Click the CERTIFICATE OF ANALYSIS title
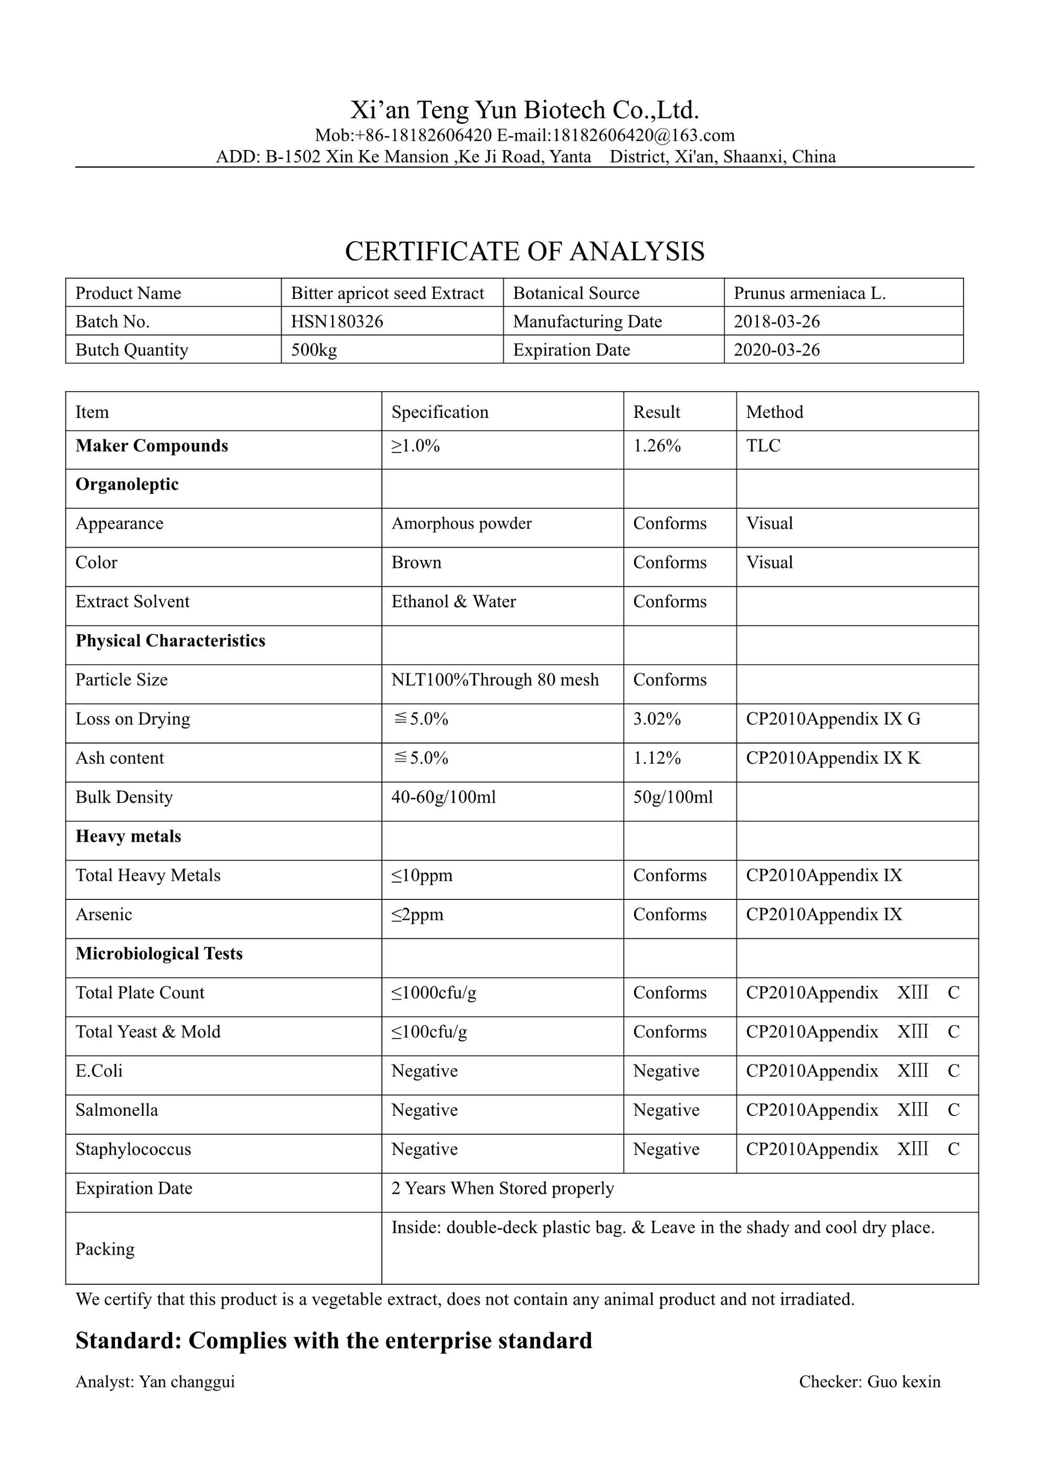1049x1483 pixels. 524,251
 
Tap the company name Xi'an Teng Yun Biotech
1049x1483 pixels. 524,110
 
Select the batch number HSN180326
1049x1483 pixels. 337,321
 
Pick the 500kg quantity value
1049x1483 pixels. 314,350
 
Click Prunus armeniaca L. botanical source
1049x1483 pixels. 809,293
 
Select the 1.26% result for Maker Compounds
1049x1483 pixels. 656,446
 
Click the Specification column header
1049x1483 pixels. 440,412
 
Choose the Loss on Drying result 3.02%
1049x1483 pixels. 656,719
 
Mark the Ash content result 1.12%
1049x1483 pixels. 656,758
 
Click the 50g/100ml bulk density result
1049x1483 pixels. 672,797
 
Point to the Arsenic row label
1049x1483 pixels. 103,915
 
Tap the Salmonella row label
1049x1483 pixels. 116,1110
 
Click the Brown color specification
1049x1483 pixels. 416,563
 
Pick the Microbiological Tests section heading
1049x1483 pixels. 159,954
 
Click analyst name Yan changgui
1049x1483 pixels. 187,1382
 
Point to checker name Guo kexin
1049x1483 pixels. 903,1382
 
